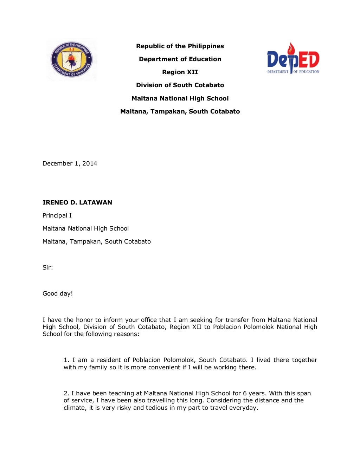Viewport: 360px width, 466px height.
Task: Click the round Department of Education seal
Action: (72, 59)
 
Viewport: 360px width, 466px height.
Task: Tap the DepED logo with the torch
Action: (293, 59)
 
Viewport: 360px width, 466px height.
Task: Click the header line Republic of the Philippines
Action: (180, 46)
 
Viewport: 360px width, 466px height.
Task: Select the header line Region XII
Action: (180, 72)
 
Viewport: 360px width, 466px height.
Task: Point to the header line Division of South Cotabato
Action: (180, 85)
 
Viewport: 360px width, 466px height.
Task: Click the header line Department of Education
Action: (180, 59)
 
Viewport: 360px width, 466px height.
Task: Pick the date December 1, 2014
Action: (70, 163)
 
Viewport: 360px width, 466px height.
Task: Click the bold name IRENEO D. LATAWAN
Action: (77, 202)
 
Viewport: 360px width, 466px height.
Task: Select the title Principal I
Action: (57, 215)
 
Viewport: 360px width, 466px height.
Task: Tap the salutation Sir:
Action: (47, 267)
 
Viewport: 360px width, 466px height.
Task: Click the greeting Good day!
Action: (58, 293)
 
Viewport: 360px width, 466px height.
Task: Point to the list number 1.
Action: (66, 360)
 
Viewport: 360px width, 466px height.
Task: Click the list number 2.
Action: (66, 393)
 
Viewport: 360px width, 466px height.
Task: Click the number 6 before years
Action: (245, 393)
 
